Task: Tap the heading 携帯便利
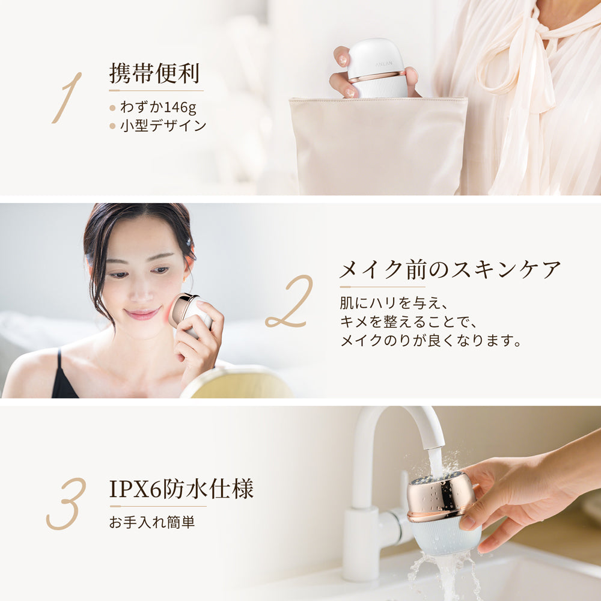(x=154, y=73)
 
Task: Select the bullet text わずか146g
(x=158, y=108)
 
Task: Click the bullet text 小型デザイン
(x=163, y=126)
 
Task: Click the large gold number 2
(x=289, y=302)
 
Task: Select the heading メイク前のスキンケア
(x=450, y=270)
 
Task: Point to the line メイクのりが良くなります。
(x=430, y=341)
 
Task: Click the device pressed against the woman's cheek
(x=188, y=313)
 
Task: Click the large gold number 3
(x=66, y=504)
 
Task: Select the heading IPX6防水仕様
(x=182, y=489)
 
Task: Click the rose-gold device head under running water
(x=441, y=495)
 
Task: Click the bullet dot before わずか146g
(x=112, y=108)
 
